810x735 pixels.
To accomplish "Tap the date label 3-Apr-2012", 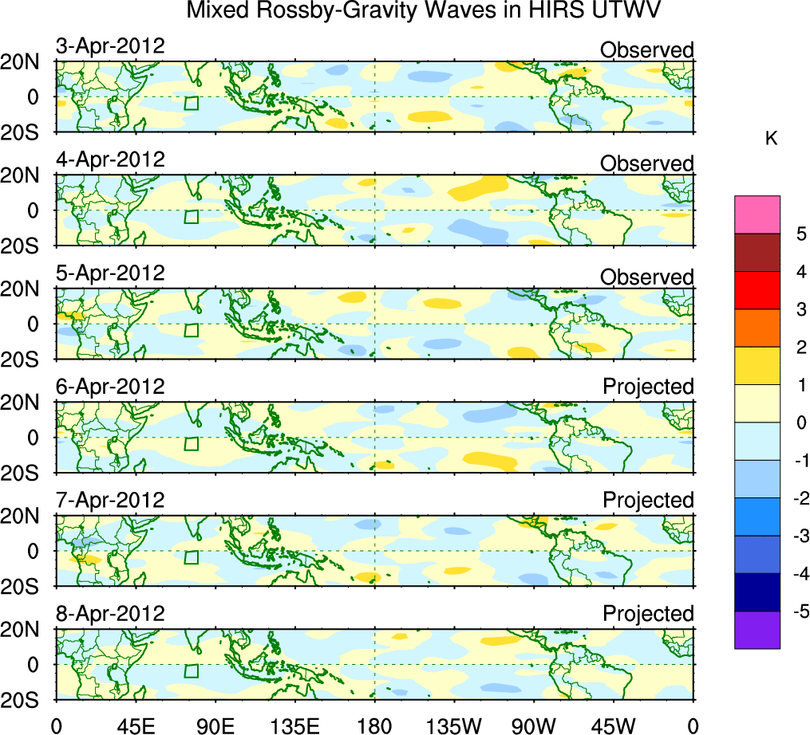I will (x=110, y=46).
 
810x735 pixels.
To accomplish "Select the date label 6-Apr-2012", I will (x=110, y=387).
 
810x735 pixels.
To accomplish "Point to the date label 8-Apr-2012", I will (x=110, y=614).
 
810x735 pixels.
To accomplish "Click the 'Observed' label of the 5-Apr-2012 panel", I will (x=647, y=277).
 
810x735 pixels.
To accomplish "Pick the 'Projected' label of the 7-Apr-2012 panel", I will (x=648, y=501).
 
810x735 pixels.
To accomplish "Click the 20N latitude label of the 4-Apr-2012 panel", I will (x=26, y=175).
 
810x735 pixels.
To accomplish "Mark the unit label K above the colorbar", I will (x=771, y=139).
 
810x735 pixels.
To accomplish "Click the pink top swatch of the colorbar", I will (x=757, y=214).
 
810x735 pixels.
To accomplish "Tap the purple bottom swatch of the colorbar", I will (x=757, y=630).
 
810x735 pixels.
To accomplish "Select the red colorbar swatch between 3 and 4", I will (x=757, y=290).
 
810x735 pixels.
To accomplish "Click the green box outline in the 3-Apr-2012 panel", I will (x=191, y=104).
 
